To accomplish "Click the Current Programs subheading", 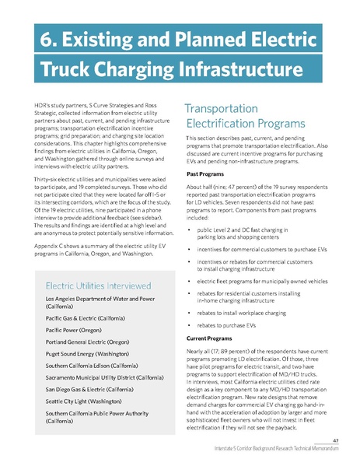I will [x=215, y=339].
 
